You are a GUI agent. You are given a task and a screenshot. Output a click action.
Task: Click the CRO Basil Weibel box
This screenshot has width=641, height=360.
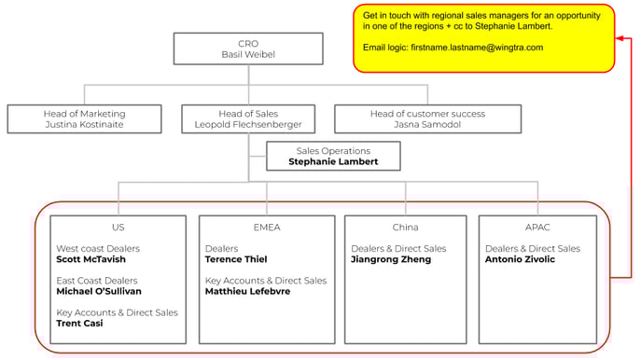pyautogui.click(x=248, y=49)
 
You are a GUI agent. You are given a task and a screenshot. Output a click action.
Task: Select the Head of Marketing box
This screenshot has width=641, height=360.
pyautogui.click(x=85, y=118)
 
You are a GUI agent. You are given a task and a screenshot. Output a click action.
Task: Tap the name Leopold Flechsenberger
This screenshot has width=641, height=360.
pyautogui.click(x=247, y=124)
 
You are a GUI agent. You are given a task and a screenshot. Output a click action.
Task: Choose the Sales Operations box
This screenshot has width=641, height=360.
pyautogui.click(x=333, y=156)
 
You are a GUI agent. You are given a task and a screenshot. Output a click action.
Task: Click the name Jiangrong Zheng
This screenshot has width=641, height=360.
pyautogui.click(x=391, y=260)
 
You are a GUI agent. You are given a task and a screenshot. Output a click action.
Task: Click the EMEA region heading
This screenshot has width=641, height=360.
pyautogui.click(x=266, y=227)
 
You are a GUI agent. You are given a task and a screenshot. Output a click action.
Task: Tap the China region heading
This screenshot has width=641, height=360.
pyautogui.click(x=405, y=227)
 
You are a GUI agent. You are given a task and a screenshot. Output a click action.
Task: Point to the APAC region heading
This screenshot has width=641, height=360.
pyautogui.click(x=537, y=227)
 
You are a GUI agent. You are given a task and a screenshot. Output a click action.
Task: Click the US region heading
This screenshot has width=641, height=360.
pyautogui.click(x=118, y=227)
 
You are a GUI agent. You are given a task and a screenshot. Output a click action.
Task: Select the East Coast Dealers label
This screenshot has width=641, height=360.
pyautogui.click(x=97, y=281)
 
